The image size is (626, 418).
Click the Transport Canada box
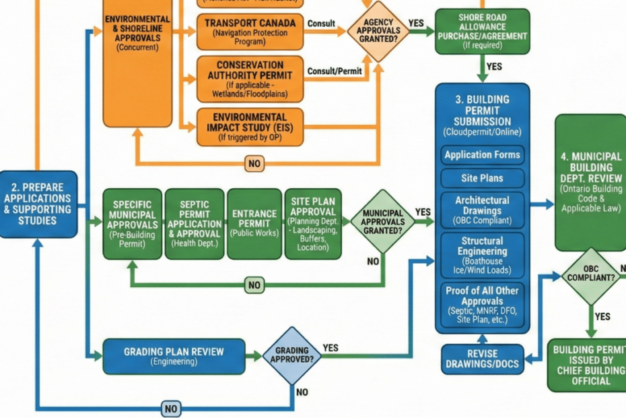coord(246,30)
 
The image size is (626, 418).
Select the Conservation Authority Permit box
coord(246,78)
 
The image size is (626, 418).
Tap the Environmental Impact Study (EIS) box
coord(246,126)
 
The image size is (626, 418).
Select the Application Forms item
coord(482,155)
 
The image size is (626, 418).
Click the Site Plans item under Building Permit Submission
coord(482,179)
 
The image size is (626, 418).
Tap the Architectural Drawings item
coord(482,210)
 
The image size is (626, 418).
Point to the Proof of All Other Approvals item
coord(482,304)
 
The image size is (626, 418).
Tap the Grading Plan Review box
coord(174,355)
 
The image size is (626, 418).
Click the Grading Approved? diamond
coord(291,355)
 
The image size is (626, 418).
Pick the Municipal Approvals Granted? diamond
coord(382,221)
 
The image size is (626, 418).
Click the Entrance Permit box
coord(254,224)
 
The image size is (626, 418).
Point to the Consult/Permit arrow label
coord(335,71)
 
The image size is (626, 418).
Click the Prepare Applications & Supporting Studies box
coord(38,204)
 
